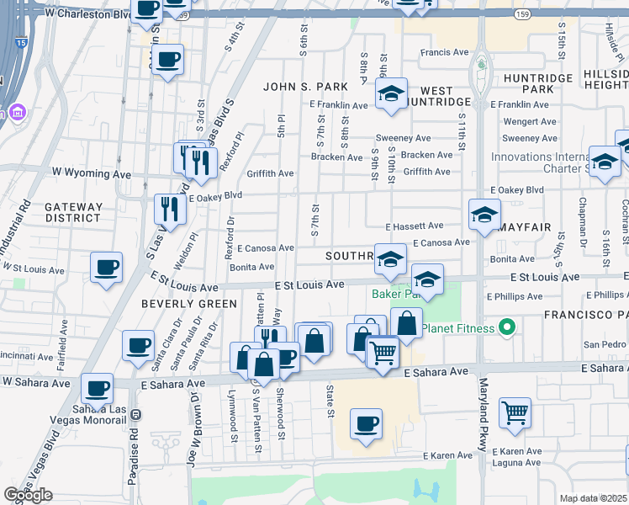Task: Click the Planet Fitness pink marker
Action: coord(506,327)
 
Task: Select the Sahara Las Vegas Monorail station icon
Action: coord(136,415)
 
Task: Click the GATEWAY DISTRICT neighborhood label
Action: coord(73,212)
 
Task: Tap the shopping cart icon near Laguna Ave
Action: coord(515,412)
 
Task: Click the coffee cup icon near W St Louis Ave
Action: coord(107,268)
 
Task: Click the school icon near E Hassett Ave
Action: coord(484,215)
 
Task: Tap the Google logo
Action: coord(29,495)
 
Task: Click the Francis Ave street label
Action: coord(445,52)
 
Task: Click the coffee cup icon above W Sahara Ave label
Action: coord(98,388)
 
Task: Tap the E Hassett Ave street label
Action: coord(415,226)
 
